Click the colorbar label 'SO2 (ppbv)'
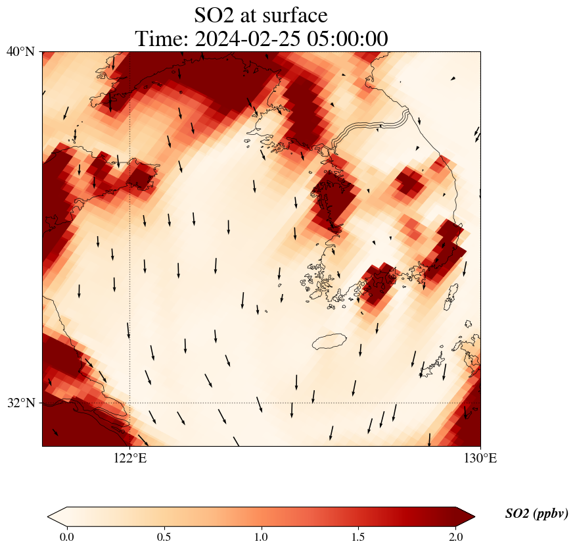(x=536, y=514)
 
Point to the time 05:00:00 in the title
(x=346, y=39)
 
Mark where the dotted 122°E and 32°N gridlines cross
(x=130, y=403)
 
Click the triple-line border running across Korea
(x=375, y=126)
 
